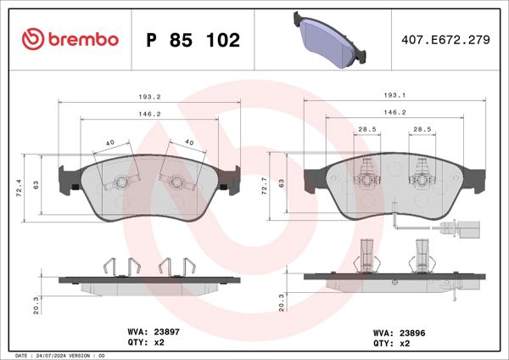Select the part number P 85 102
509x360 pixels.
pyautogui.click(x=193, y=40)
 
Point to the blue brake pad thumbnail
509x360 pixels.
pyautogui.click(x=332, y=39)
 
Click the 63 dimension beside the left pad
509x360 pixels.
pyautogui.click(x=36, y=183)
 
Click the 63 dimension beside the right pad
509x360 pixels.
pyautogui.click(x=281, y=183)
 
